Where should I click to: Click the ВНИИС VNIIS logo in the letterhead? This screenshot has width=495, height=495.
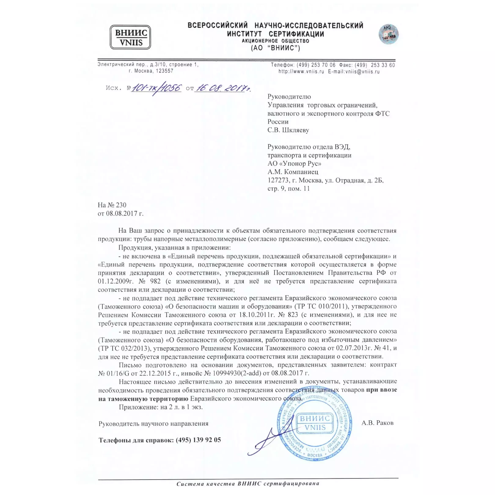130,37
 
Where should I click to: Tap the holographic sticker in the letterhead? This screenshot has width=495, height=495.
388,34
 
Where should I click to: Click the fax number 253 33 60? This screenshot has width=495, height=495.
383,65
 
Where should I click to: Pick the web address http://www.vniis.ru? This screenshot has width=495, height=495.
301,72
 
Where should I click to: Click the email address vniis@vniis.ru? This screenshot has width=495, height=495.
362,72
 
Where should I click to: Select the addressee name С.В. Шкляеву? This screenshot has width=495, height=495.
288,130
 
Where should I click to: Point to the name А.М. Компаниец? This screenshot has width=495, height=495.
293,172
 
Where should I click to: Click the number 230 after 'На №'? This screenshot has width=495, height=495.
121,205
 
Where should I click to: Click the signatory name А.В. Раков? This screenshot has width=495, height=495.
377,423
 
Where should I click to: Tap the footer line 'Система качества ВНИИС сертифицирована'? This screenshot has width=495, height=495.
248,483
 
